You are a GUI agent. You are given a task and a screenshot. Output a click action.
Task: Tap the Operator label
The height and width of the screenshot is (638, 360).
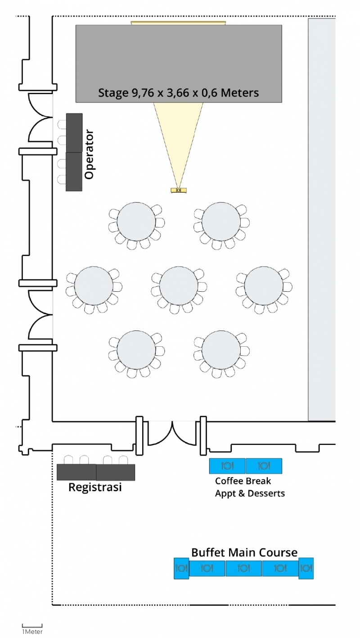click(89, 154)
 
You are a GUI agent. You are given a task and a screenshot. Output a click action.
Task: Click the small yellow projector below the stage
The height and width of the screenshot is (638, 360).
click(179, 190)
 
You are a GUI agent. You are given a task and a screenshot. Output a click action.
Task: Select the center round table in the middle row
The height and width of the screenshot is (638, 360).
click(179, 285)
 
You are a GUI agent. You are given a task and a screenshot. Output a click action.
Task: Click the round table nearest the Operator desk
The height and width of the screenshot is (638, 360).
click(136, 222)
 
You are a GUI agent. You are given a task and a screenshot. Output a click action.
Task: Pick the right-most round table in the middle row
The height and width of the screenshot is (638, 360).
click(264, 285)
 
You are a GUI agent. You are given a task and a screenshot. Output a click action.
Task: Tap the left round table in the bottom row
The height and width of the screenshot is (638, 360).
click(136, 350)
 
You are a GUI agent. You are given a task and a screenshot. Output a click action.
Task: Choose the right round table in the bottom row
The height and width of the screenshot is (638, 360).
click(221, 350)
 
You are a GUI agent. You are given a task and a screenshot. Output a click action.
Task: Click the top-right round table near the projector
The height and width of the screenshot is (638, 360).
click(221, 222)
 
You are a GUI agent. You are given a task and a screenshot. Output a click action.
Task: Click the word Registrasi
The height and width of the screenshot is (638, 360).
click(95, 487)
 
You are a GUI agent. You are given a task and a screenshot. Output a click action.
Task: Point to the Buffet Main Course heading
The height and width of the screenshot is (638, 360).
click(244, 552)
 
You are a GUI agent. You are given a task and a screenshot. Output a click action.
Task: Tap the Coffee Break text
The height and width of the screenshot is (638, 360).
click(243, 481)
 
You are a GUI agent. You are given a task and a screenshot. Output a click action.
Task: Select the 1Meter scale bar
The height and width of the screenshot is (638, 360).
click(32, 626)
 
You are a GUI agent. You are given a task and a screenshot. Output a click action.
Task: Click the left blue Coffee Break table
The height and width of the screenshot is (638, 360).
click(228, 466)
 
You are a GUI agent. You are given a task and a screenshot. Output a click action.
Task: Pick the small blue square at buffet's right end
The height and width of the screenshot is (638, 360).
click(306, 568)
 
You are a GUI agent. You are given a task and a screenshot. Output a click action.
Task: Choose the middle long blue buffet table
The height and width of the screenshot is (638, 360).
click(243, 568)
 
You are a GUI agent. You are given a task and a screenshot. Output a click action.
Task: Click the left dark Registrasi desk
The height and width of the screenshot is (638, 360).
click(76, 472)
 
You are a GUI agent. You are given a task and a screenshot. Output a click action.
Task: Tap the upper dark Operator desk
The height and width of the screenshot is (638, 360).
click(74, 133)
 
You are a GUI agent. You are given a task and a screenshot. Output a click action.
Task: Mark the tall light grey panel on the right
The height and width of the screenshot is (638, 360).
click(322, 220)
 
